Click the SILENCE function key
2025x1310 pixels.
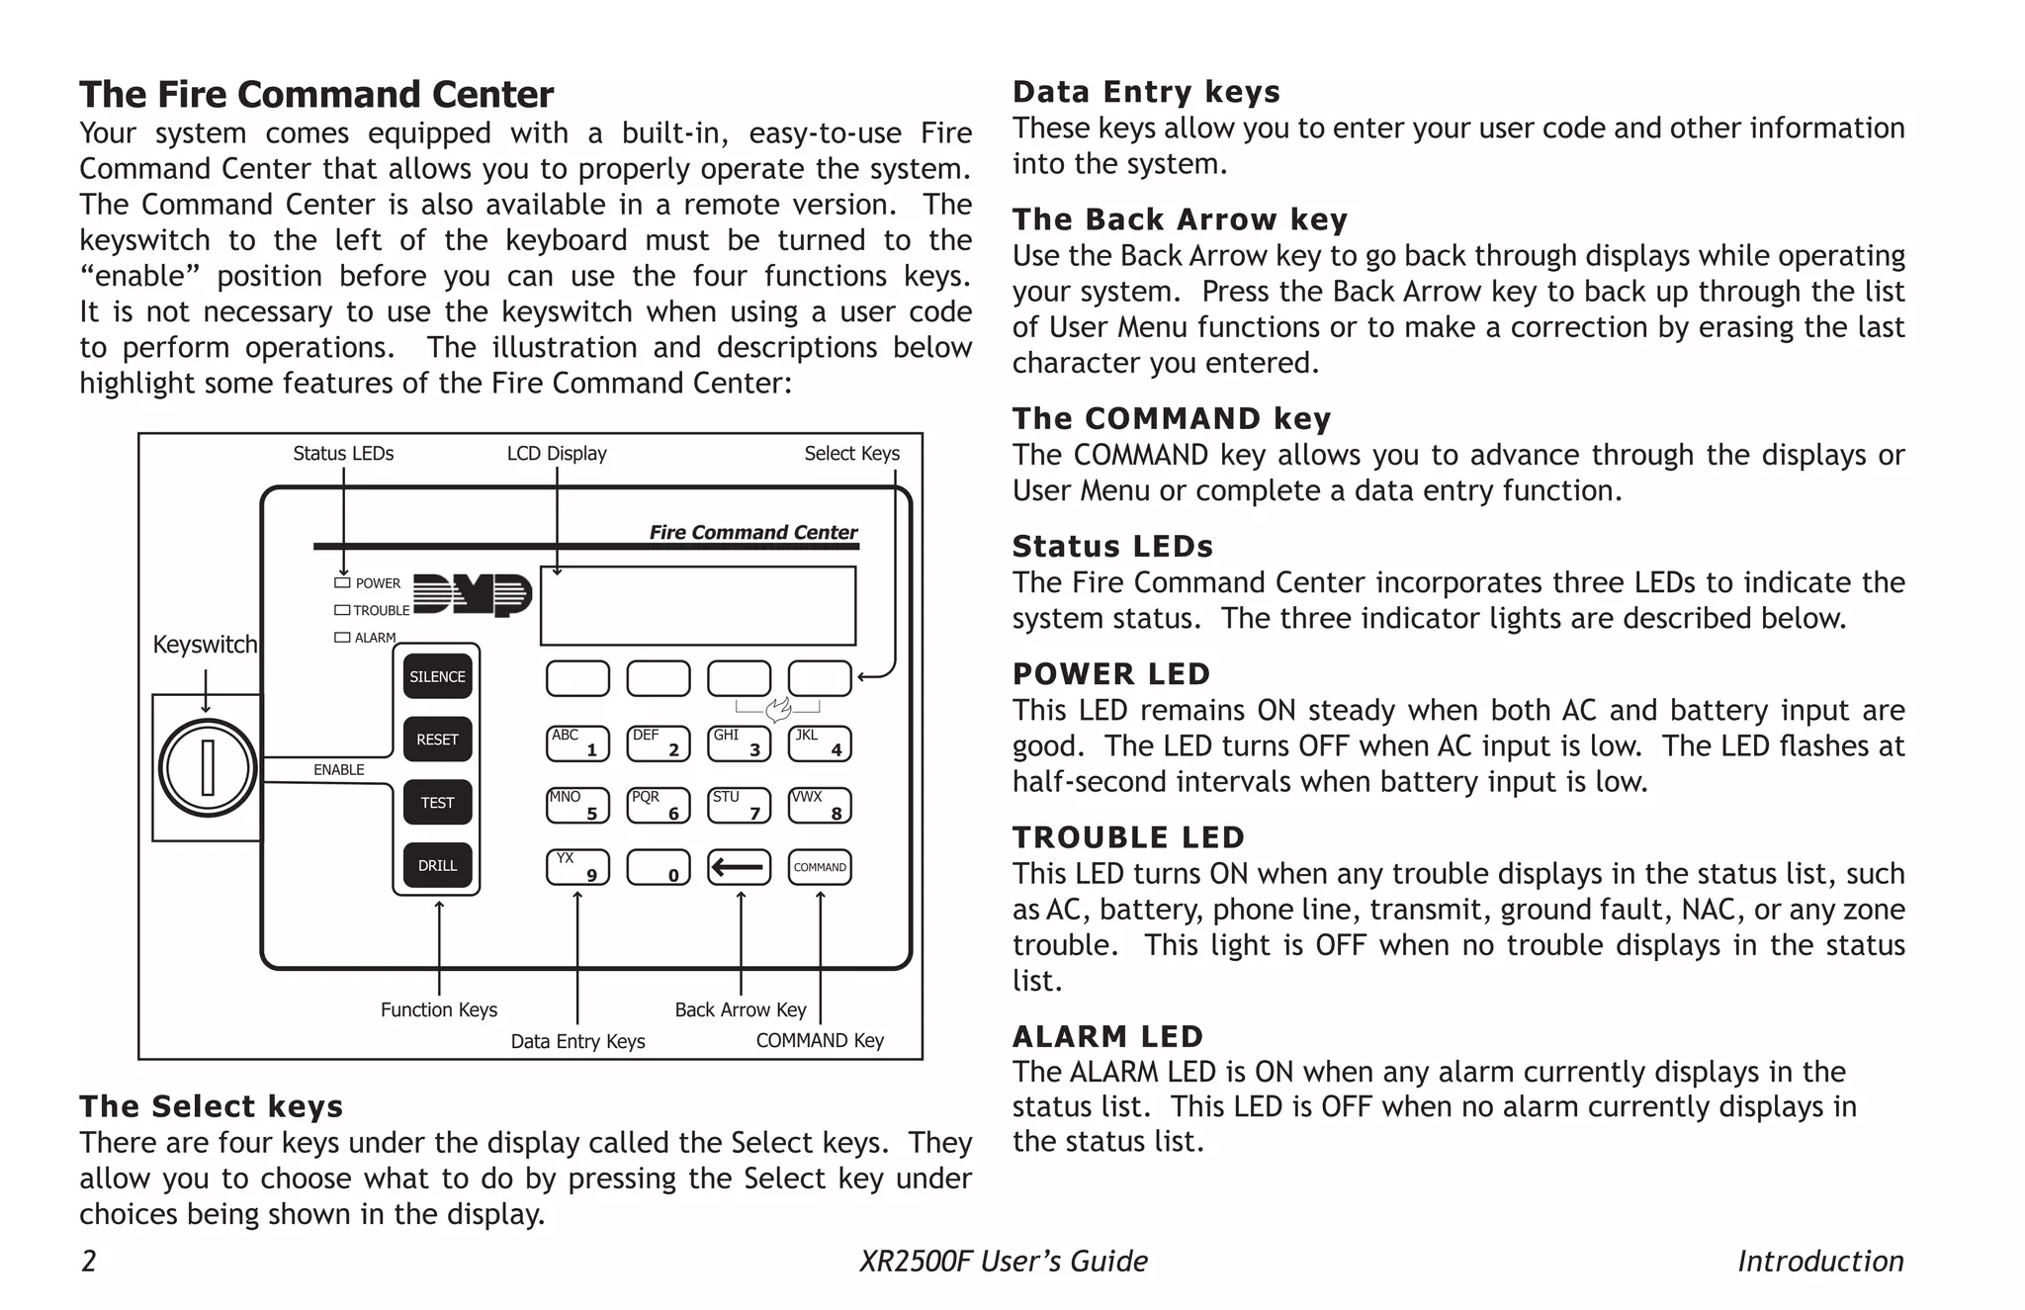coord(437,677)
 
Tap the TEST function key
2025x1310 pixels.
coord(437,803)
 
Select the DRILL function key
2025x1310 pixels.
coord(437,866)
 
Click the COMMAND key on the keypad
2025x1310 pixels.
coord(820,867)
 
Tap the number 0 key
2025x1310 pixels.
coord(659,868)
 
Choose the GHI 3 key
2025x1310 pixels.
coord(739,743)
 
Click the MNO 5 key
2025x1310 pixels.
coord(577,805)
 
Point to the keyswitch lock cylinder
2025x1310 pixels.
coord(208,768)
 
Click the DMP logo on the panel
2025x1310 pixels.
coord(473,595)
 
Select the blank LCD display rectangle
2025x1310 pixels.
coord(698,606)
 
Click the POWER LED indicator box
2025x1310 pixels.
coord(342,583)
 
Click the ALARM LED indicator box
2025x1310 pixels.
coord(342,638)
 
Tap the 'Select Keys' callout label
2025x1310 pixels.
coord(851,454)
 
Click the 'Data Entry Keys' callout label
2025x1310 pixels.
coord(577,1041)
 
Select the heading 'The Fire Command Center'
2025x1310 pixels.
coord(316,95)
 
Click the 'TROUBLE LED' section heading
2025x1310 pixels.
coord(1128,837)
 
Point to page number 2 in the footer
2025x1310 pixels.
coord(89,1262)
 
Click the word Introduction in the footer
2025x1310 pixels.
coord(1820,1262)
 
